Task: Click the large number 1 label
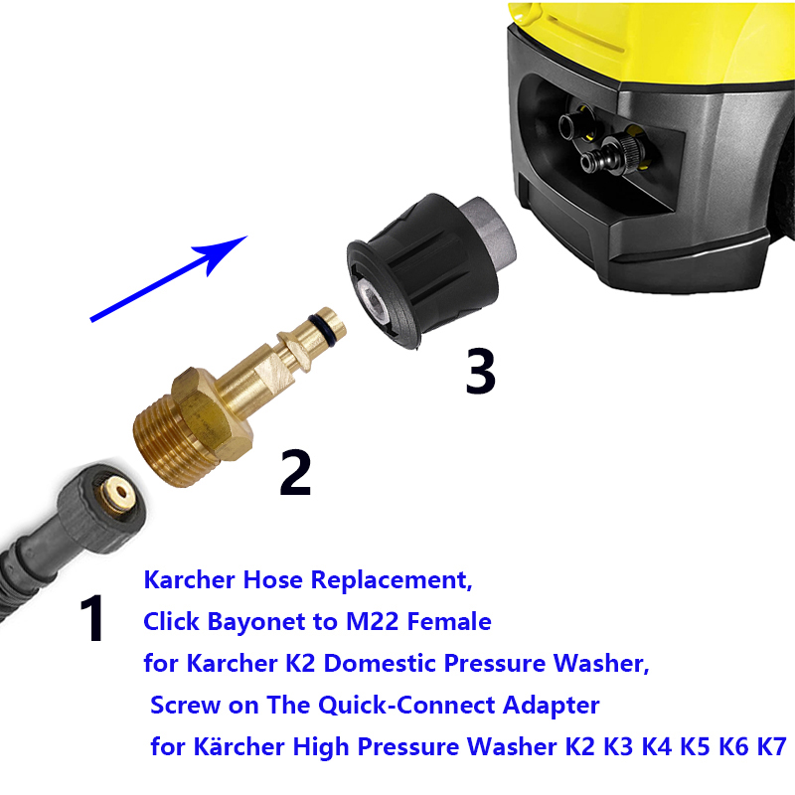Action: (92, 617)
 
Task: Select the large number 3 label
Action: (480, 371)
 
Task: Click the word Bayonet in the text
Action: (260, 623)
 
